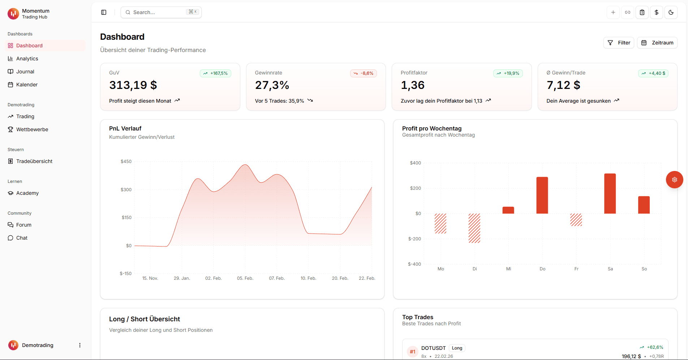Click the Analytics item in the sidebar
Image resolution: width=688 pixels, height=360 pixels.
pyautogui.click(x=27, y=59)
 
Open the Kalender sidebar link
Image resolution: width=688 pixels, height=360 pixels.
pyautogui.click(x=27, y=85)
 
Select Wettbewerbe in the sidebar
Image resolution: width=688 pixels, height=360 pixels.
pyautogui.click(x=32, y=129)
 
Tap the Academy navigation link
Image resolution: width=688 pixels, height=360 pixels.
pyautogui.click(x=27, y=193)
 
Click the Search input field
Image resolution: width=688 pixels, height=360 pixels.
pyautogui.click(x=159, y=12)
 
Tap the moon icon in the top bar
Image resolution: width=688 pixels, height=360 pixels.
pyautogui.click(x=671, y=12)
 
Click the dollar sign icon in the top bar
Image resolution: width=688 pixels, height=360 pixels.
pyautogui.click(x=657, y=12)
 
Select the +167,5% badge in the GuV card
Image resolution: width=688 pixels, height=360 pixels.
pyautogui.click(x=215, y=73)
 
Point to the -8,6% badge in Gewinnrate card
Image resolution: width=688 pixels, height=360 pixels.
pyautogui.click(x=364, y=73)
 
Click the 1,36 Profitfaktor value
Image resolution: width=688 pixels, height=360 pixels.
pyautogui.click(x=413, y=85)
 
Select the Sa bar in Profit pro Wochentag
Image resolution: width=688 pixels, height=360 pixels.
pyautogui.click(x=610, y=194)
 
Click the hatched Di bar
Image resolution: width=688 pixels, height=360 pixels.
pyautogui.click(x=474, y=228)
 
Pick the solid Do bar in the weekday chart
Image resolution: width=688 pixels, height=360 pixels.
pyautogui.click(x=542, y=195)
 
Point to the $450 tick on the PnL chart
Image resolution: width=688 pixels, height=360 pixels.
pyautogui.click(x=126, y=162)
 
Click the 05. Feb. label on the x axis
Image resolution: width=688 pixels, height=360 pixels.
pyautogui.click(x=245, y=278)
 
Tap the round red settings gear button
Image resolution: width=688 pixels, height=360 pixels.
pyautogui.click(x=674, y=180)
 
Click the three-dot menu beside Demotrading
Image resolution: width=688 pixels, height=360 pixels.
pyautogui.click(x=80, y=345)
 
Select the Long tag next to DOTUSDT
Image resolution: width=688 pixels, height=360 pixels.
pyautogui.click(x=457, y=348)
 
